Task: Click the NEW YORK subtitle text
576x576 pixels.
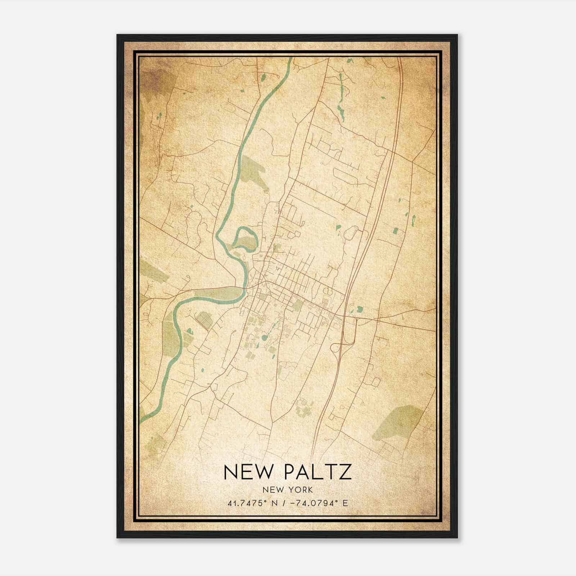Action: (288, 490)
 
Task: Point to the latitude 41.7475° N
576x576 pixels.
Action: (252, 503)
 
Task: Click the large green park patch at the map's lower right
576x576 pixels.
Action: (398, 423)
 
